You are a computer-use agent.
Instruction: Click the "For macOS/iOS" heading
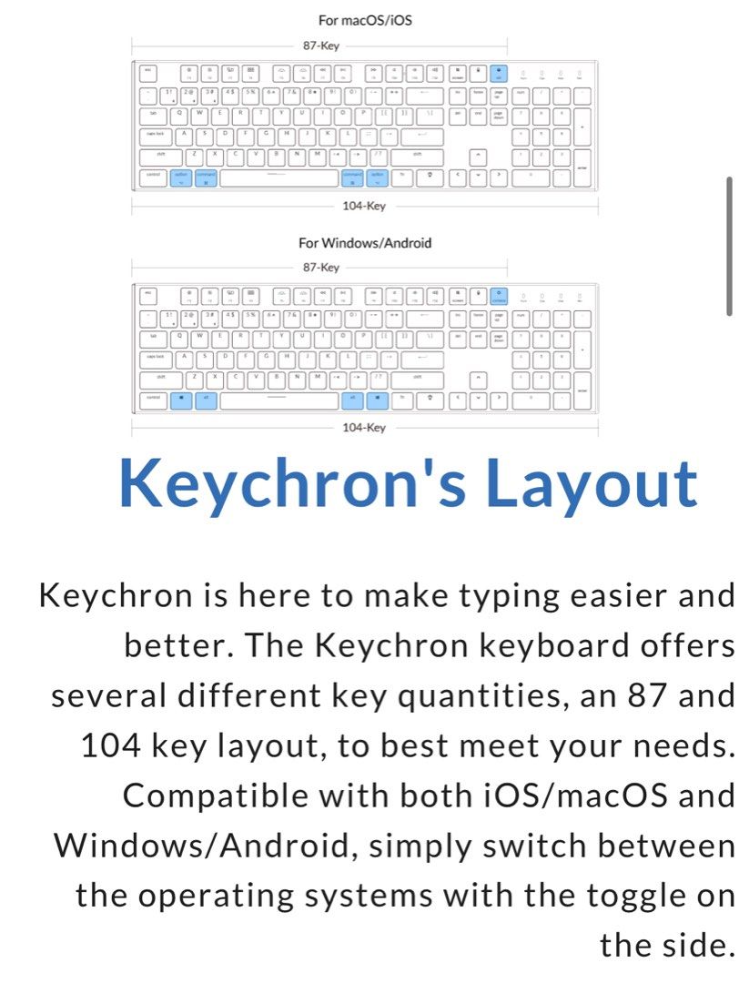[364, 20]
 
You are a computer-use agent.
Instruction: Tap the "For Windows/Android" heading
[364, 243]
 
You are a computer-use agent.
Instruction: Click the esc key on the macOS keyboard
[147, 71]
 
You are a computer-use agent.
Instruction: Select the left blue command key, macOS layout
[206, 177]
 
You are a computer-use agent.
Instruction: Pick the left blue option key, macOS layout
[180, 177]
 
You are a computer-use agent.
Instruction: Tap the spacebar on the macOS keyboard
[278, 177]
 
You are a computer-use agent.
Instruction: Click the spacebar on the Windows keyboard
[278, 400]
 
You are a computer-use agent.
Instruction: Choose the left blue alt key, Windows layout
[206, 400]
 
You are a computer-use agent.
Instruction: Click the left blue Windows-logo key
[180, 400]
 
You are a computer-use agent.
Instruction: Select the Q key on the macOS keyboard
[178, 114]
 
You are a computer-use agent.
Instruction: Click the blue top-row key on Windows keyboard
[499, 294]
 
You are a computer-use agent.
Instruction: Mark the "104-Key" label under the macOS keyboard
[364, 207]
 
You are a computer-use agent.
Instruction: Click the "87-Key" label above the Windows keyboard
[320, 268]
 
